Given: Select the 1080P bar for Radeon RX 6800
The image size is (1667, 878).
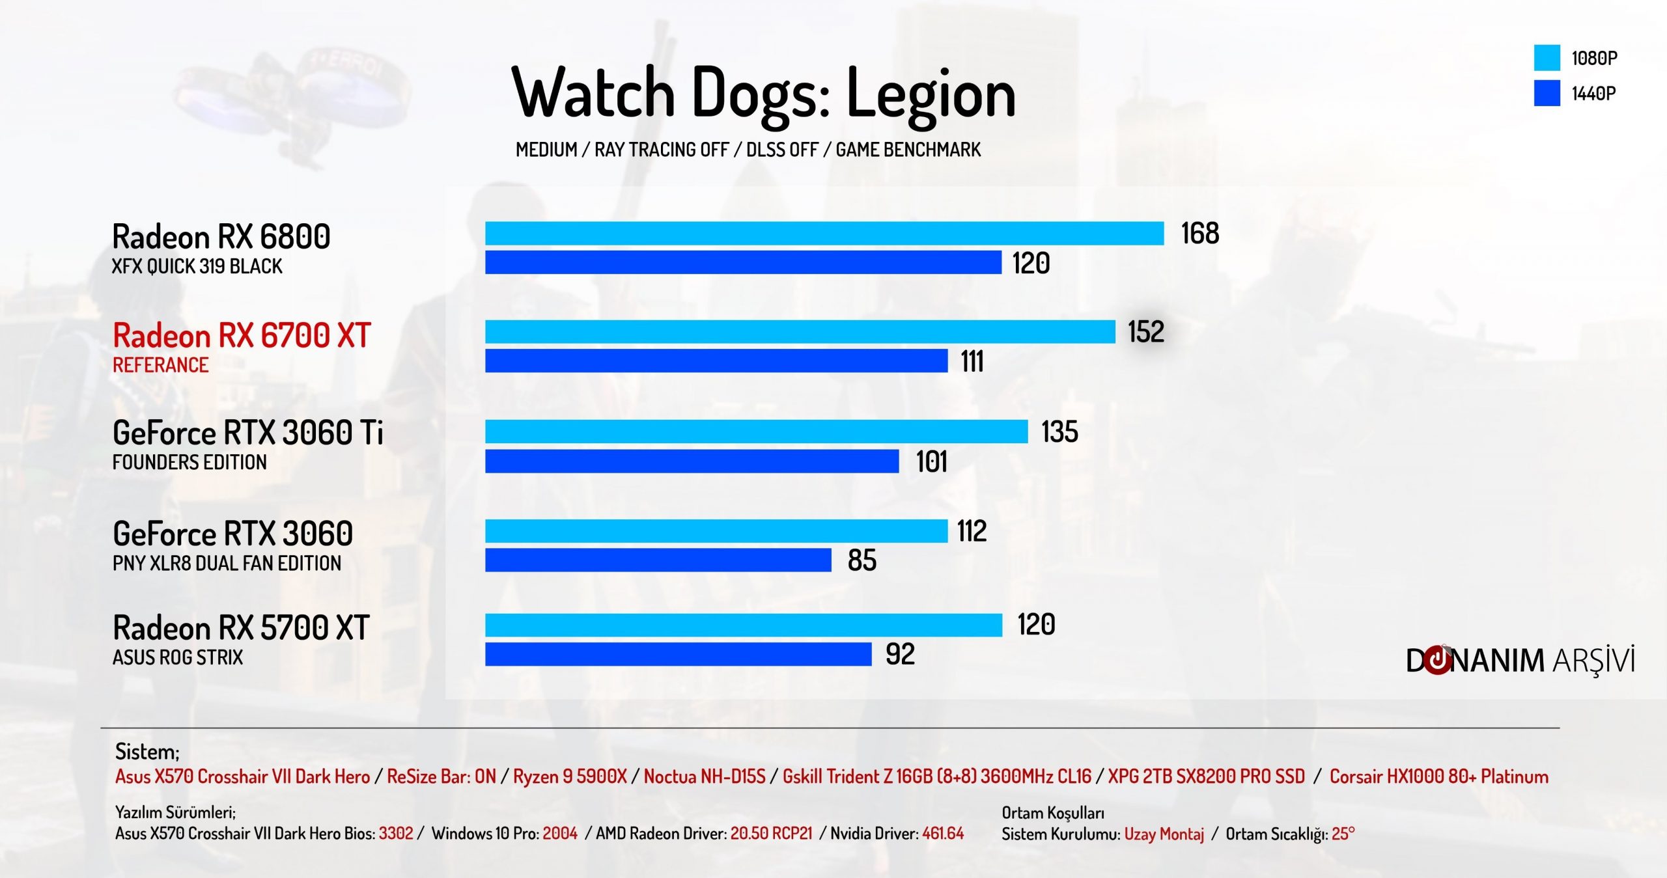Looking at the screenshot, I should coord(824,234).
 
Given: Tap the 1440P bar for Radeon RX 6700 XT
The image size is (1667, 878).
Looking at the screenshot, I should coord(716,361).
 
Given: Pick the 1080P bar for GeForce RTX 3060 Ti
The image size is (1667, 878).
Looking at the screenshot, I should coord(756,432).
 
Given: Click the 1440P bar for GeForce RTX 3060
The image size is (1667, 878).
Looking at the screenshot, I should coord(658,560).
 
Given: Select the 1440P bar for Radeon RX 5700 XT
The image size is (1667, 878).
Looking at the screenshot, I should coord(678,654).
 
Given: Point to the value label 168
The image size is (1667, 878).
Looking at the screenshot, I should coord(1199,234).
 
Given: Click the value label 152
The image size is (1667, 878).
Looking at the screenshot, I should coord(1145,332).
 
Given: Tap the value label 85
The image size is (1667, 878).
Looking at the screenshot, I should coord(862,560).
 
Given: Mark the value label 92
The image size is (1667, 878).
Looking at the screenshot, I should coord(900,654).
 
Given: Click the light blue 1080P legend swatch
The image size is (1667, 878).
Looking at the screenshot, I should coord(1547,57).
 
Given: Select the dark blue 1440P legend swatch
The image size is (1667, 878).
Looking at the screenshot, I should coord(1547,93).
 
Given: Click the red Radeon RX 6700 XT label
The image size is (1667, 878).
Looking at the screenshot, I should coord(242,336).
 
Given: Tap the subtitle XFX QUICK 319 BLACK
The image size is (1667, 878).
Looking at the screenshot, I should coord(197,266).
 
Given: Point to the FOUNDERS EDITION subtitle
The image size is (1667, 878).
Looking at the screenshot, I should coord(189,462).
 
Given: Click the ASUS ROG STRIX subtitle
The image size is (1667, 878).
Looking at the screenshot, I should coord(178,657).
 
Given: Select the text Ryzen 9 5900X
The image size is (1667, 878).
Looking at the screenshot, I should coord(570,776).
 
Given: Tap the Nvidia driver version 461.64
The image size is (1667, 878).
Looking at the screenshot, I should coord(942,833).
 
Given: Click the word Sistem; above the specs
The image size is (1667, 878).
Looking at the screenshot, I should coord(147,752).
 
